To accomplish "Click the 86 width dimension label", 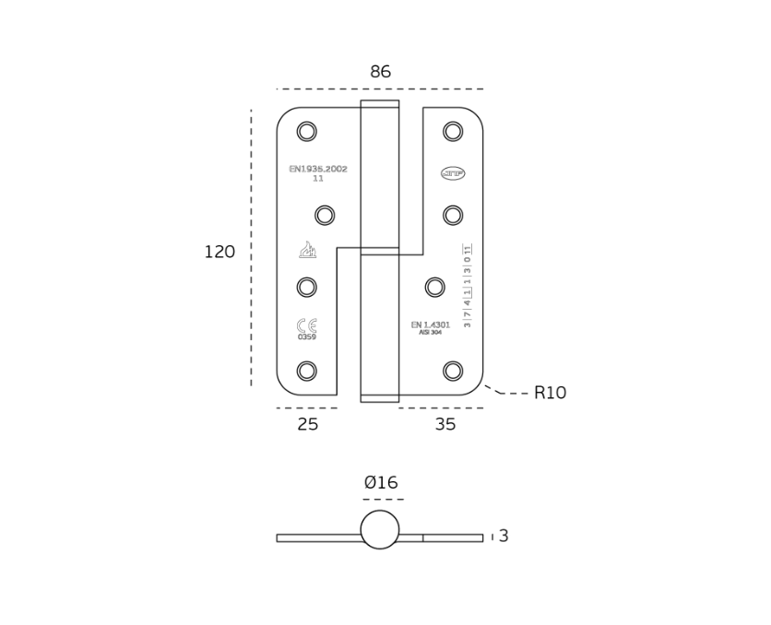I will [x=380, y=72].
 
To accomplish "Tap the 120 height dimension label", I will [x=219, y=253].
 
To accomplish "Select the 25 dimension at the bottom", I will [x=308, y=425].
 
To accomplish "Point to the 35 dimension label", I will [x=445, y=425].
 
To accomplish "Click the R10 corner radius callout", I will [x=550, y=394].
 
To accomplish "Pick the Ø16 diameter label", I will [x=381, y=483].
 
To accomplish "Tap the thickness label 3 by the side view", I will [x=504, y=537].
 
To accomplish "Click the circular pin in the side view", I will [x=380, y=530].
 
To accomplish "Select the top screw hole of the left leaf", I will [x=307, y=132].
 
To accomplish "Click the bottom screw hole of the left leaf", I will [x=307, y=371].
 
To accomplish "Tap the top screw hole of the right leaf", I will [x=453, y=132].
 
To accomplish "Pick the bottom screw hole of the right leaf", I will [x=453, y=371].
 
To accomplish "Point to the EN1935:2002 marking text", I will [x=318, y=170].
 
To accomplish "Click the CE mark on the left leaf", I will [x=307, y=325].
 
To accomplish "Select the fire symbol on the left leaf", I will [x=308, y=250].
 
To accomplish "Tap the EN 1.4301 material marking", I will [x=431, y=325].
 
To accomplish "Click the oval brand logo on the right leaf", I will [x=453, y=173].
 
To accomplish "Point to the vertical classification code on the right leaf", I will [x=468, y=286].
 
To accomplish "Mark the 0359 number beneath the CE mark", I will [x=307, y=337].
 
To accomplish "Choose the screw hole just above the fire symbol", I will [x=325, y=216].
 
